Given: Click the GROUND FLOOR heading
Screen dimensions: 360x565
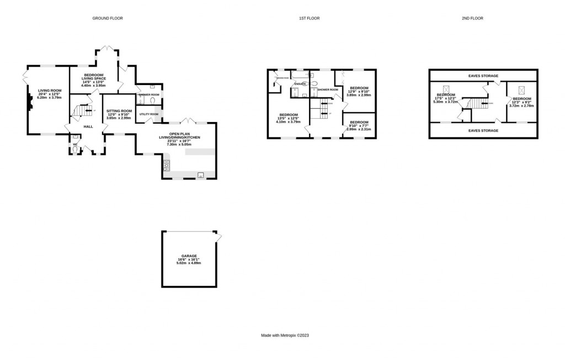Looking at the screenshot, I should coord(107,18).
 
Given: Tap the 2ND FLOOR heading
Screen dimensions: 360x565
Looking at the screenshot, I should coord(472,18).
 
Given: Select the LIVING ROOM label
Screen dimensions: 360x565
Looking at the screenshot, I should coord(50,91).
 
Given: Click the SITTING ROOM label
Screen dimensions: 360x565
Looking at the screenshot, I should coord(119,111).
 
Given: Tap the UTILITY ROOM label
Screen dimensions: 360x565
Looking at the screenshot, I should coord(148,114).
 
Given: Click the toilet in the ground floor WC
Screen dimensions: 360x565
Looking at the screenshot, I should coord(76,149).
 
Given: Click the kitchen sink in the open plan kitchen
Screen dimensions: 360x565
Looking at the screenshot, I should coord(200,175).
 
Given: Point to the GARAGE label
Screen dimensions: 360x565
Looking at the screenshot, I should coord(189,256).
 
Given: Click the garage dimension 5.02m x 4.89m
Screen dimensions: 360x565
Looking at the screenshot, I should coord(189,263).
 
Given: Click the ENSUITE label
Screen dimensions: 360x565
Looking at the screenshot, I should coord(300,84).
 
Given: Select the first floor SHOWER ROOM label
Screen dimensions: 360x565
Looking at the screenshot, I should coord(327,89).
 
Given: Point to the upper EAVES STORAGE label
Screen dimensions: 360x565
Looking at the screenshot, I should coord(483,76).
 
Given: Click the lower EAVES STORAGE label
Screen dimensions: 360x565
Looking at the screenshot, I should coord(483,130).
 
